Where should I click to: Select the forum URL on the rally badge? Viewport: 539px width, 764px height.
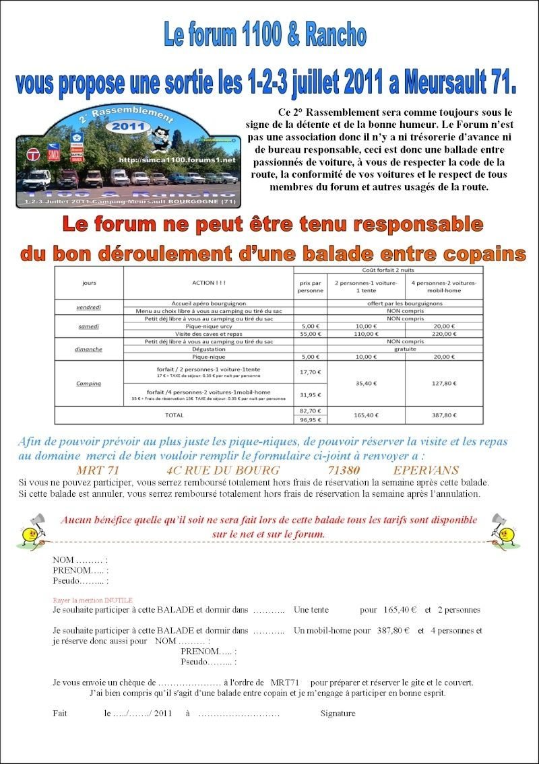click(177, 160)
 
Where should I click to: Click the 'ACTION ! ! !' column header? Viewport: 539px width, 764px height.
click(208, 283)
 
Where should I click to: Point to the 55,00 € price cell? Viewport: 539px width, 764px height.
click(310, 333)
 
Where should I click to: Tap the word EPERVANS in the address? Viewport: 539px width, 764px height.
click(426, 470)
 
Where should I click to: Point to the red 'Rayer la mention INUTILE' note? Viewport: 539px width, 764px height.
click(93, 600)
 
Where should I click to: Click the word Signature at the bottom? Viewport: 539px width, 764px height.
click(338, 714)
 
